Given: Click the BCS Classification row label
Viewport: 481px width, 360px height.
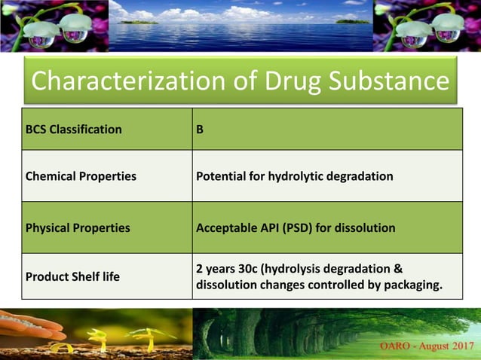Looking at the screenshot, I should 74,129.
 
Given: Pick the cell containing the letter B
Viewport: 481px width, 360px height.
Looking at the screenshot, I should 200,129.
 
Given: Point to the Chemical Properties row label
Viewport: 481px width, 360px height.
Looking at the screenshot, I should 81,176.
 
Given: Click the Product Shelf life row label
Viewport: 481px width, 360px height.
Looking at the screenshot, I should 73,276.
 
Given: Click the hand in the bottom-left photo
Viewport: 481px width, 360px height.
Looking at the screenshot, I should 30,325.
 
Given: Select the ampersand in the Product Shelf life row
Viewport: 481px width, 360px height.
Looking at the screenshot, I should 398,268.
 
